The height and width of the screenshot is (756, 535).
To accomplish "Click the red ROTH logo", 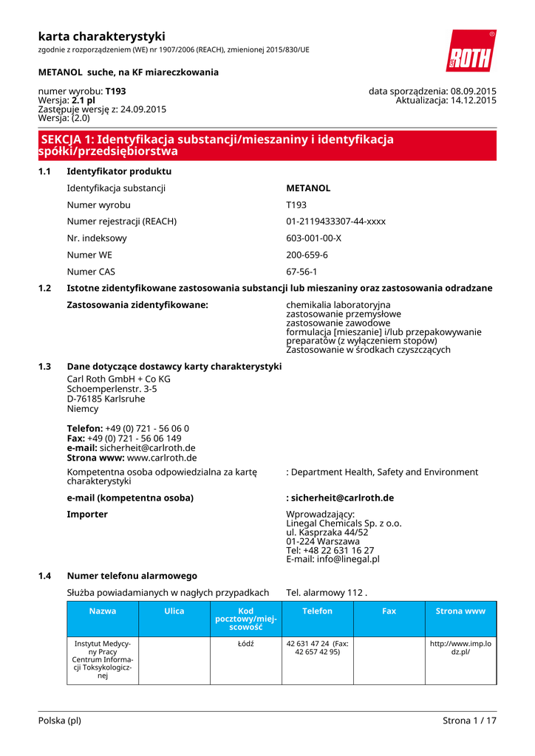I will [x=471, y=52].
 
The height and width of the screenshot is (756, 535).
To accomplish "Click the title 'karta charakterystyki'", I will [x=102, y=36].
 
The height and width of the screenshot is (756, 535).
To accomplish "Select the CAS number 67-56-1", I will [x=301, y=272].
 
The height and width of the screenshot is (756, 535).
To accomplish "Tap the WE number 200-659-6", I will [x=307, y=255].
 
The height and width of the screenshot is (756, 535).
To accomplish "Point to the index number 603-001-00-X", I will [x=313, y=238].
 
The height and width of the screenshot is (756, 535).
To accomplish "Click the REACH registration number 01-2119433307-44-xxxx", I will [x=335, y=221].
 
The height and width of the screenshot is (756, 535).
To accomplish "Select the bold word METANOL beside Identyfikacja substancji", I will [x=308, y=188].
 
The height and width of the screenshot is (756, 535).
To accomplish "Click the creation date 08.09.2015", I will [x=473, y=92].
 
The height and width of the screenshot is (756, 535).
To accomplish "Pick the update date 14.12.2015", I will [x=473, y=100].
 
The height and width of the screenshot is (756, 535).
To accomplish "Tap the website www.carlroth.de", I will [x=162, y=458].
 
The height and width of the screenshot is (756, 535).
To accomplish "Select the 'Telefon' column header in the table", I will [x=317, y=611].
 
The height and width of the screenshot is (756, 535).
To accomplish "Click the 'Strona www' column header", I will [x=460, y=611].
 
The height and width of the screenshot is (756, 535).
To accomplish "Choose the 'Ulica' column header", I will [x=174, y=611].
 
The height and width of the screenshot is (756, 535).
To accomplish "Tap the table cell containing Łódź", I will [x=246, y=644].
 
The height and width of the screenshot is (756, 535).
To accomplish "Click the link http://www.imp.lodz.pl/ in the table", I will [x=460, y=648].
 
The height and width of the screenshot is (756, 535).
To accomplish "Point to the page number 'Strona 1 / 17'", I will [x=469, y=721].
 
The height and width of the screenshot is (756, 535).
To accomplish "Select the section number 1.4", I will [x=44, y=576].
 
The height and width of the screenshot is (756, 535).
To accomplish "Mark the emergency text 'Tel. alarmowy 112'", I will [x=326, y=592].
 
